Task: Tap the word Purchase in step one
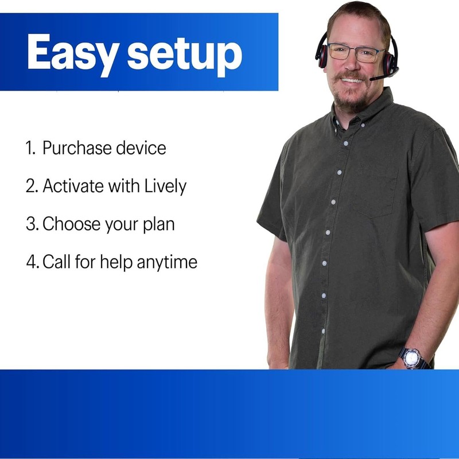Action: (x=76, y=149)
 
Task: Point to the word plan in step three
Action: (x=155, y=224)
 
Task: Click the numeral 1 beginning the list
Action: (x=30, y=149)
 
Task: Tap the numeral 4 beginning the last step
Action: (x=32, y=262)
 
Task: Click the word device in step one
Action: (x=141, y=149)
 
